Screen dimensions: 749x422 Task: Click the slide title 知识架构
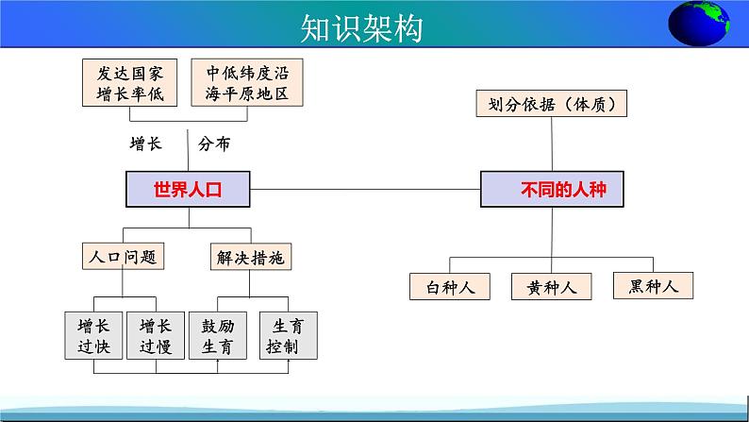pos(361,28)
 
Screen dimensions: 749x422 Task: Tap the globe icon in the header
pos(698,24)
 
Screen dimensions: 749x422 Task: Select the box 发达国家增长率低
pos(129,83)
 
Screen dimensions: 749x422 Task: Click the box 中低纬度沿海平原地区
pos(247,83)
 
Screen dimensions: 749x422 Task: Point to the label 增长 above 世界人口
pos(145,143)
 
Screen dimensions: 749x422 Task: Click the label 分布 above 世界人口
pos(214,143)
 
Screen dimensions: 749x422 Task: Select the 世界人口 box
pos(188,189)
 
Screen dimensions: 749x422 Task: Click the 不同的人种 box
pos(552,189)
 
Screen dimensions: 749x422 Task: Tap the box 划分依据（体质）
pos(551,103)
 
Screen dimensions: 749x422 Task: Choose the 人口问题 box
pos(124,257)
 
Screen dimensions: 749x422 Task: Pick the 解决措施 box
pos(251,257)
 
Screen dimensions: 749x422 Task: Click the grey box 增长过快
pos(93,335)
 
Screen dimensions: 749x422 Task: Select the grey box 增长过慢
pos(156,335)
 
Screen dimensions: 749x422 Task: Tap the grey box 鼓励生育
pos(218,335)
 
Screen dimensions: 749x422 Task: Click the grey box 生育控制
pos(288,335)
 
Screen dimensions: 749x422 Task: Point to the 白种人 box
pos(450,286)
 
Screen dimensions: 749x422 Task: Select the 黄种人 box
pos(551,286)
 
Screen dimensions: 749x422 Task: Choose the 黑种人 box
pos(653,286)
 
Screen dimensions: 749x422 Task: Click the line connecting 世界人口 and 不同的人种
pos(365,189)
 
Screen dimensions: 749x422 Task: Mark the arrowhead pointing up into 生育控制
pos(288,362)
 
